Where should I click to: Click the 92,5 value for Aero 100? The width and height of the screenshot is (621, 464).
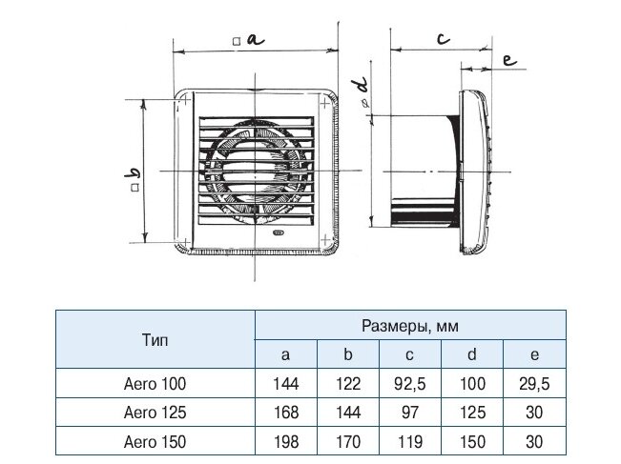click(x=409, y=384)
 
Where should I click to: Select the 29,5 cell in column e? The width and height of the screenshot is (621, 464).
click(x=534, y=384)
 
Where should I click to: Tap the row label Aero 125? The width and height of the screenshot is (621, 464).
click(x=155, y=413)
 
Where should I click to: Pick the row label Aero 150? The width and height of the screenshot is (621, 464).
click(x=155, y=441)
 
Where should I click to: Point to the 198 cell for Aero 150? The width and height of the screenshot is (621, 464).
click(x=286, y=441)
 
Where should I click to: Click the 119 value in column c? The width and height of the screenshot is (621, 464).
click(x=409, y=441)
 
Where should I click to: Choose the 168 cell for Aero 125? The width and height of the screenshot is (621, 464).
click(x=286, y=413)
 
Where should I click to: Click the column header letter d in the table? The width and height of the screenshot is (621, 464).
click(x=471, y=354)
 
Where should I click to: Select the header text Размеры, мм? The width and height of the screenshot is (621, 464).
click(x=410, y=327)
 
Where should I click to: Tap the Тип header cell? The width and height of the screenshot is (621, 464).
click(x=155, y=340)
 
